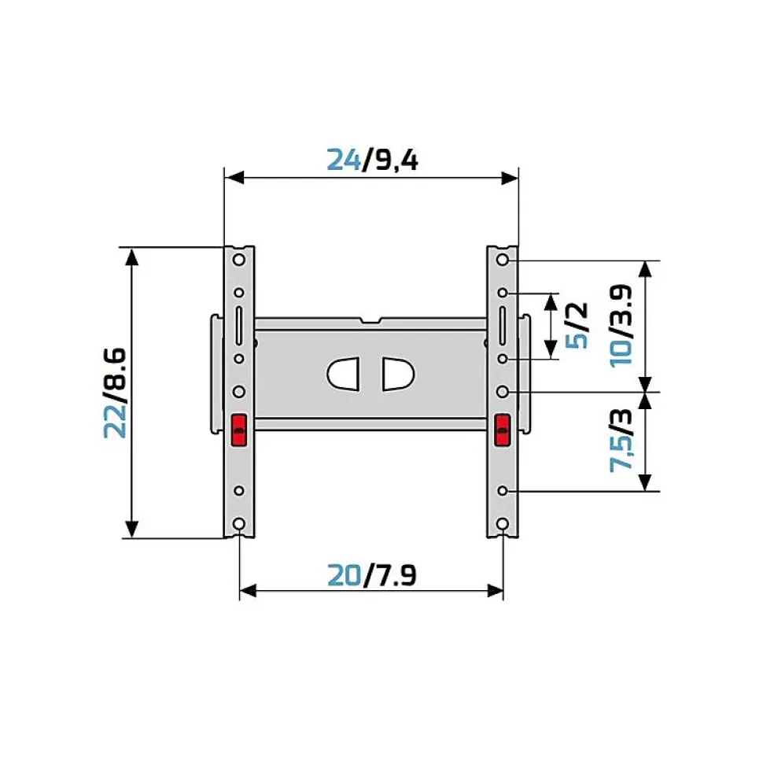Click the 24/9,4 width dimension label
tap(372, 160)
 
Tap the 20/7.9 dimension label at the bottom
tap(372, 575)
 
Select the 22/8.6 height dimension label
tap(116, 393)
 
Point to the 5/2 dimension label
tap(577, 325)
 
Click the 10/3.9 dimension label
tap(621, 326)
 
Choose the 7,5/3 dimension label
tap(621, 441)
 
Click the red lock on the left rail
tap(239, 430)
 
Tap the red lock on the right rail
tap(503, 430)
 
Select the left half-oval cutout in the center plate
tap(343, 375)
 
